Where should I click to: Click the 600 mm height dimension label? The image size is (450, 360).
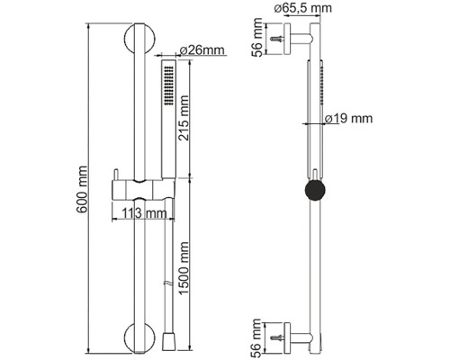[x=82, y=189]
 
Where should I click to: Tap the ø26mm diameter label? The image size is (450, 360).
[x=202, y=50]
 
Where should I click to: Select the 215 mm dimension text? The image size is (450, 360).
[x=184, y=118]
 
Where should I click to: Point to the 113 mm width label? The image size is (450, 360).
[x=144, y=213]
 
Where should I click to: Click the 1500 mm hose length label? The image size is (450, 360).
[x=184, y=268]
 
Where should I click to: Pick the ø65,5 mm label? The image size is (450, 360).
[x=303, y=7]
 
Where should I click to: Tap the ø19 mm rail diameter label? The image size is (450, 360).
[x=349, y=119]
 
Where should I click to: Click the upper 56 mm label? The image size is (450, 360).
[x=256, y=38]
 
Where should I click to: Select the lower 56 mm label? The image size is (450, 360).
[x=256, y=338]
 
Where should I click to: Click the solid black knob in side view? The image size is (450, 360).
[x=315, y=190]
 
